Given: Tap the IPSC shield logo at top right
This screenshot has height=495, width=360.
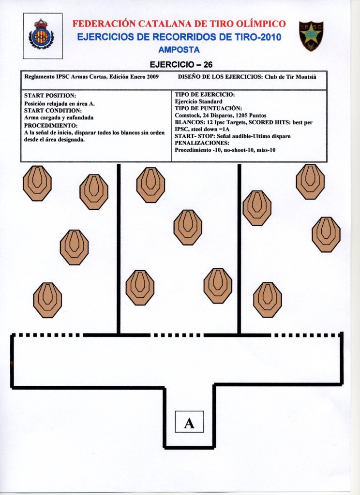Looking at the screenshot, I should click(x=311, y=36).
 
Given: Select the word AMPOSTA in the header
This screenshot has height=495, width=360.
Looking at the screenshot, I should click(x=179, y=49).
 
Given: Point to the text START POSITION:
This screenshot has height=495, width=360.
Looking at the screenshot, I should click(x=50, y=96).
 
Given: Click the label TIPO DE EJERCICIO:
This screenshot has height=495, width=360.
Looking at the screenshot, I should click(x=205, y=95).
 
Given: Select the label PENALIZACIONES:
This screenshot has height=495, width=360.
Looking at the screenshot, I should click(x=202, y=144).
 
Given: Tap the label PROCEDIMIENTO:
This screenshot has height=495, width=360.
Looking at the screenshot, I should click(x=50, y=125).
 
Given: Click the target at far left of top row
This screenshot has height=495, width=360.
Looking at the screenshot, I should click(x=37, y=183).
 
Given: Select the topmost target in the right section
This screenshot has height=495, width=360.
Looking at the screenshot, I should click(x=310, y=181).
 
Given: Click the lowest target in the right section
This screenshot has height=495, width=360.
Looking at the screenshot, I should click(x=268, y=300).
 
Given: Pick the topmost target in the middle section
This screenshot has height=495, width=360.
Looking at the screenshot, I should click(x=150, y=185).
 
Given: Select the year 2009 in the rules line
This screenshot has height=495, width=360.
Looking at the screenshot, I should click(x=152, y=77).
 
